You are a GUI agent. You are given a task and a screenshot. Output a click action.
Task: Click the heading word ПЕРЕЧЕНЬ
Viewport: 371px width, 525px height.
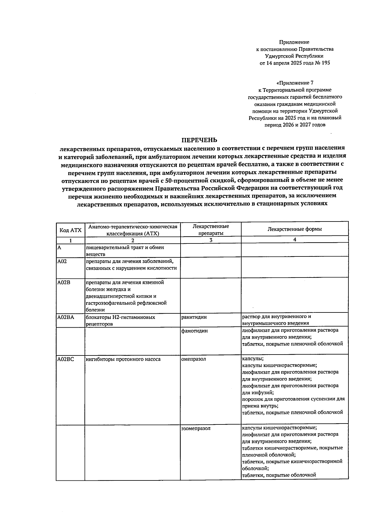(x=199, y=140)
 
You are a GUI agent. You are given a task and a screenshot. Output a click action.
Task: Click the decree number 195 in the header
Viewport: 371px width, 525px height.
(x=326, y=63)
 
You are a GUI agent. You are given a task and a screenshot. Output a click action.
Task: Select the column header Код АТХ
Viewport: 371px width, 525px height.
(x=70, y=230)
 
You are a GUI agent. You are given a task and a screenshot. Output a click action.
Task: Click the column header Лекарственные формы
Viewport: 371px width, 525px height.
(x=294, y=229)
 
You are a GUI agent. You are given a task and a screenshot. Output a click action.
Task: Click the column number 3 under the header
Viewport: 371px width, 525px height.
(x=211, y=240)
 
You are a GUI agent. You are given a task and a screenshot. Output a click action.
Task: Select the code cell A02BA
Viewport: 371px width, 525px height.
(x=66, y=317)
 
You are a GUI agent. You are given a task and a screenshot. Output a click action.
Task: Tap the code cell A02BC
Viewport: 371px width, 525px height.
(x=66, y=359)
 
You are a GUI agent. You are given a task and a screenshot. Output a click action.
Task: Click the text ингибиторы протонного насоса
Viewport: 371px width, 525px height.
(x=123, y=359)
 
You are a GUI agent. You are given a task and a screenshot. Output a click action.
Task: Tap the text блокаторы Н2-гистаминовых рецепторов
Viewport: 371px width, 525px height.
(x=121, y=321)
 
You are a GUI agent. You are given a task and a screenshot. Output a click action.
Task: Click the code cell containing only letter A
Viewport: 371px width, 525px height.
(x=59, y=247)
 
